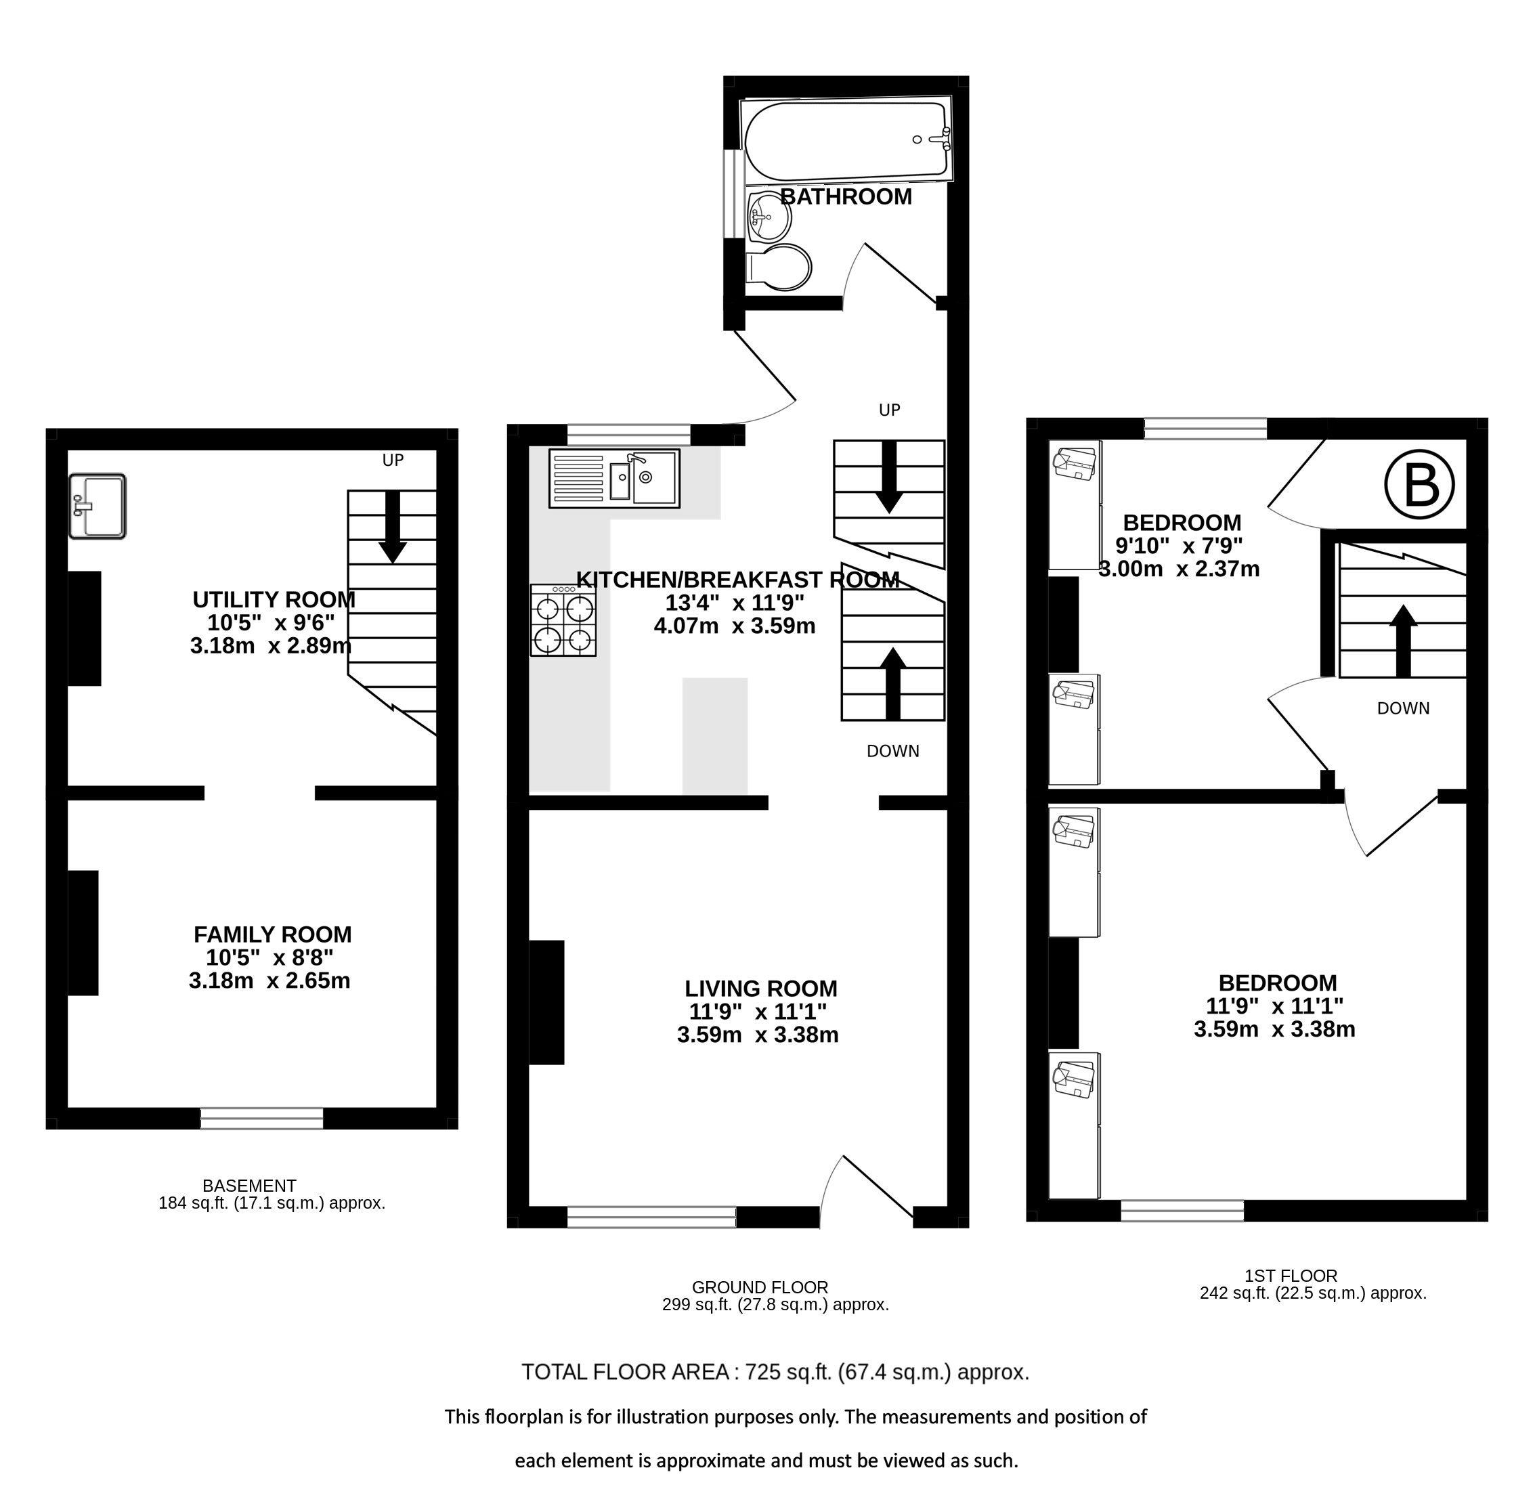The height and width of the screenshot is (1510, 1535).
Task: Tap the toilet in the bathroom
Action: pyautogui.click(x=779, y=267)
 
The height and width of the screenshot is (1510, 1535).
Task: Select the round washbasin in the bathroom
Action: pyautogui.click(x=768, y=215)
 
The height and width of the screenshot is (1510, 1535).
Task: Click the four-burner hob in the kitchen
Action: pyautogui.click(x=563, y=620)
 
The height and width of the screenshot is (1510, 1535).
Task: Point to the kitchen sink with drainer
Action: pyautogui.click(x=613, y=478)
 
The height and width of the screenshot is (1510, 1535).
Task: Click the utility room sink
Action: pyautogui.click(x=97, y=506)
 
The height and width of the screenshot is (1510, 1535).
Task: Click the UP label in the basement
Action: pyautogui.click(x=393, y=460)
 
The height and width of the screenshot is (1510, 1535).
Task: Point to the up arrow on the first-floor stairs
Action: pyautogui.click(x=1404, y=641)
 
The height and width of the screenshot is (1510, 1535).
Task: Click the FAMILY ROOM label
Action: pyautogui.click(x=273, y=934)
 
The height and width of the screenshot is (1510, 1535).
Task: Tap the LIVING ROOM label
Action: pyautogui.click(x=761, y=988)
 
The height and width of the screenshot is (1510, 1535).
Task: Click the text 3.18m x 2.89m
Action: pyautogui.click(x=270, y=645)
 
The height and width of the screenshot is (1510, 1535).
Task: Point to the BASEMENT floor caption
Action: pyautogui.click(x=249, y=1186)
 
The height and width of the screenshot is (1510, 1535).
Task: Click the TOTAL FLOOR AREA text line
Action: pyautogui.click(x=775, y=1372)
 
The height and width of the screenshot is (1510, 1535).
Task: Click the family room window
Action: pyautogui.click(x=261, y=1118)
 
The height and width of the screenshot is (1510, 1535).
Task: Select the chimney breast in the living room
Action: pyautogui.click(x=546, y=1001)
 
